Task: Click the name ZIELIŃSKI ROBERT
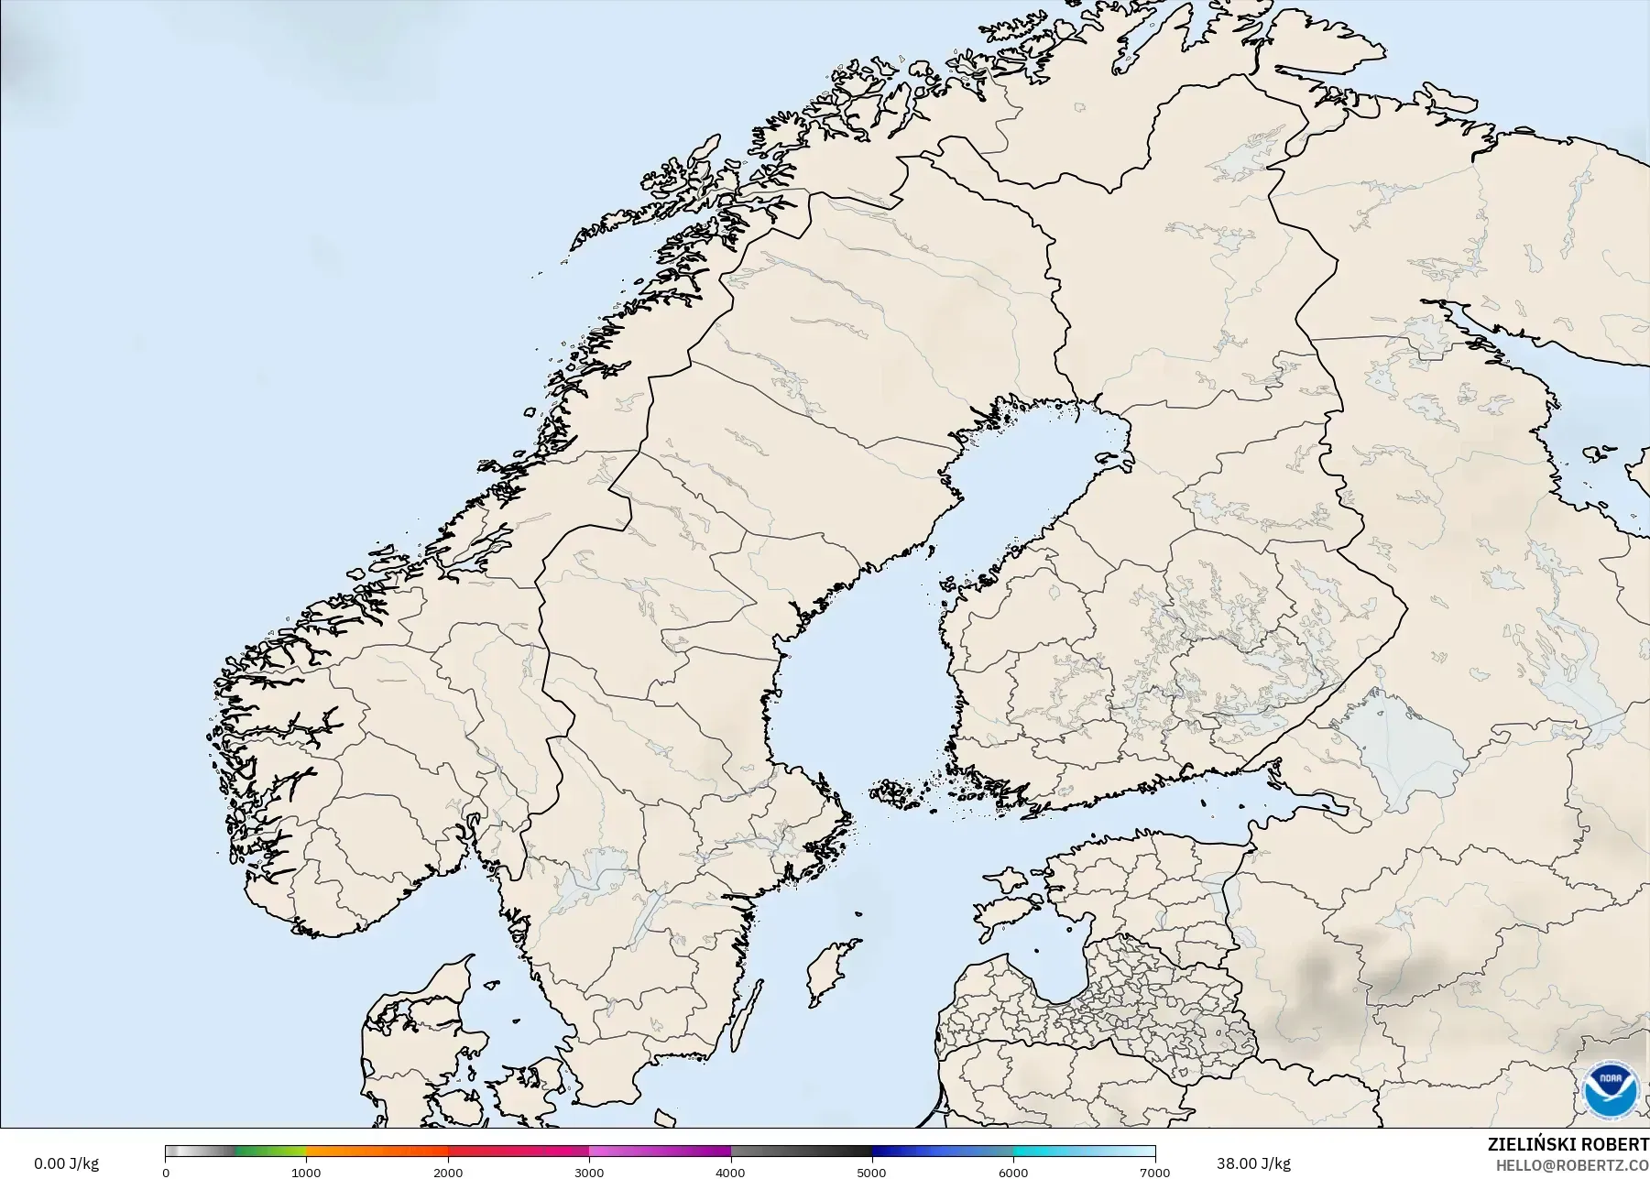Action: click(x=1568, y=1144)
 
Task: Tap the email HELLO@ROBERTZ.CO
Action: click(x=1572, y=1165)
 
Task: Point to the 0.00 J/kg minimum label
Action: click(x=66, y=1164)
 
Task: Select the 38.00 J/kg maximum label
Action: click(x=1253, y=1164)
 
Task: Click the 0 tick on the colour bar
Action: click(x=166, y=1172)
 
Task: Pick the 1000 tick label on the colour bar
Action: click(x=306, y=1172)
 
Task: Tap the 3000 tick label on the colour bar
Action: click(x=589, y=1172)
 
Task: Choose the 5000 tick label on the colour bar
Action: click(x=871, y=1172)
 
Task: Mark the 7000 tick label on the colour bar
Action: click(x=1154, y=1172)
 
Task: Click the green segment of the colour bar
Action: click(x=270, y=1152)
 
